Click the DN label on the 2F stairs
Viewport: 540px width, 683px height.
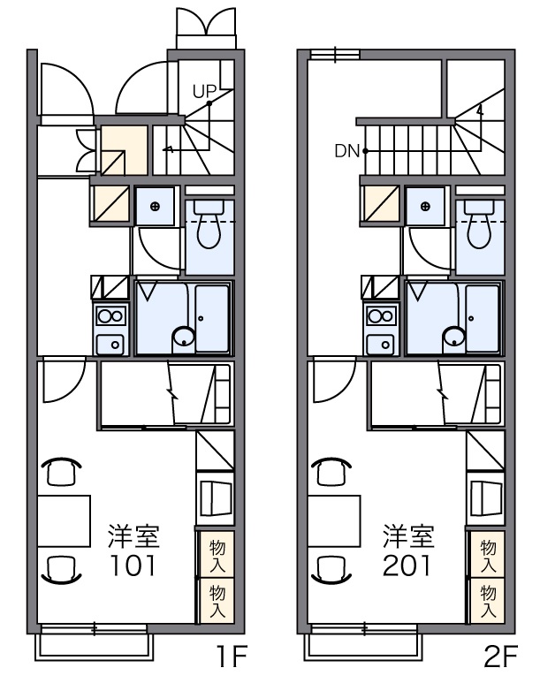point(346,151)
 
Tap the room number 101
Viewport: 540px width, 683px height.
point(133,564)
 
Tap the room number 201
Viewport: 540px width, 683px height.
point(406,564)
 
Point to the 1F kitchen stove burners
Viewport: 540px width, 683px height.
point(111,315)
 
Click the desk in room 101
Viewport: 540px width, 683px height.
point(64,521)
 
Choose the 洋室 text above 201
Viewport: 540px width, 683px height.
point(407,535)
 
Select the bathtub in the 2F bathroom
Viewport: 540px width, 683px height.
point(483,318)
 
